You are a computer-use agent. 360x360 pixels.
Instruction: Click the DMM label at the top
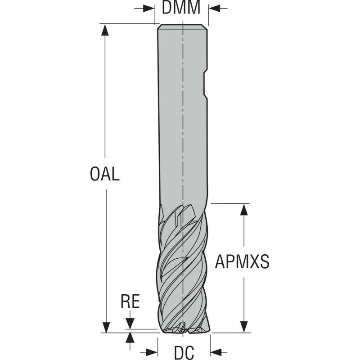[x=181, y=8]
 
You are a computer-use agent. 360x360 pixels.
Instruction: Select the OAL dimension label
[x=105, y=174]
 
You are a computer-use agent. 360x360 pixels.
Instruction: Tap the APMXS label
[x=242, y=261]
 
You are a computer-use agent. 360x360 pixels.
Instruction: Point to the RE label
[x=130, y=301]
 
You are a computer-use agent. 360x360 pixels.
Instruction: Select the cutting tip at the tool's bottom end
[x=183, y=330]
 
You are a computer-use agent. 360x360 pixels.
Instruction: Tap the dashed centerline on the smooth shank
[x=183, y=135]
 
